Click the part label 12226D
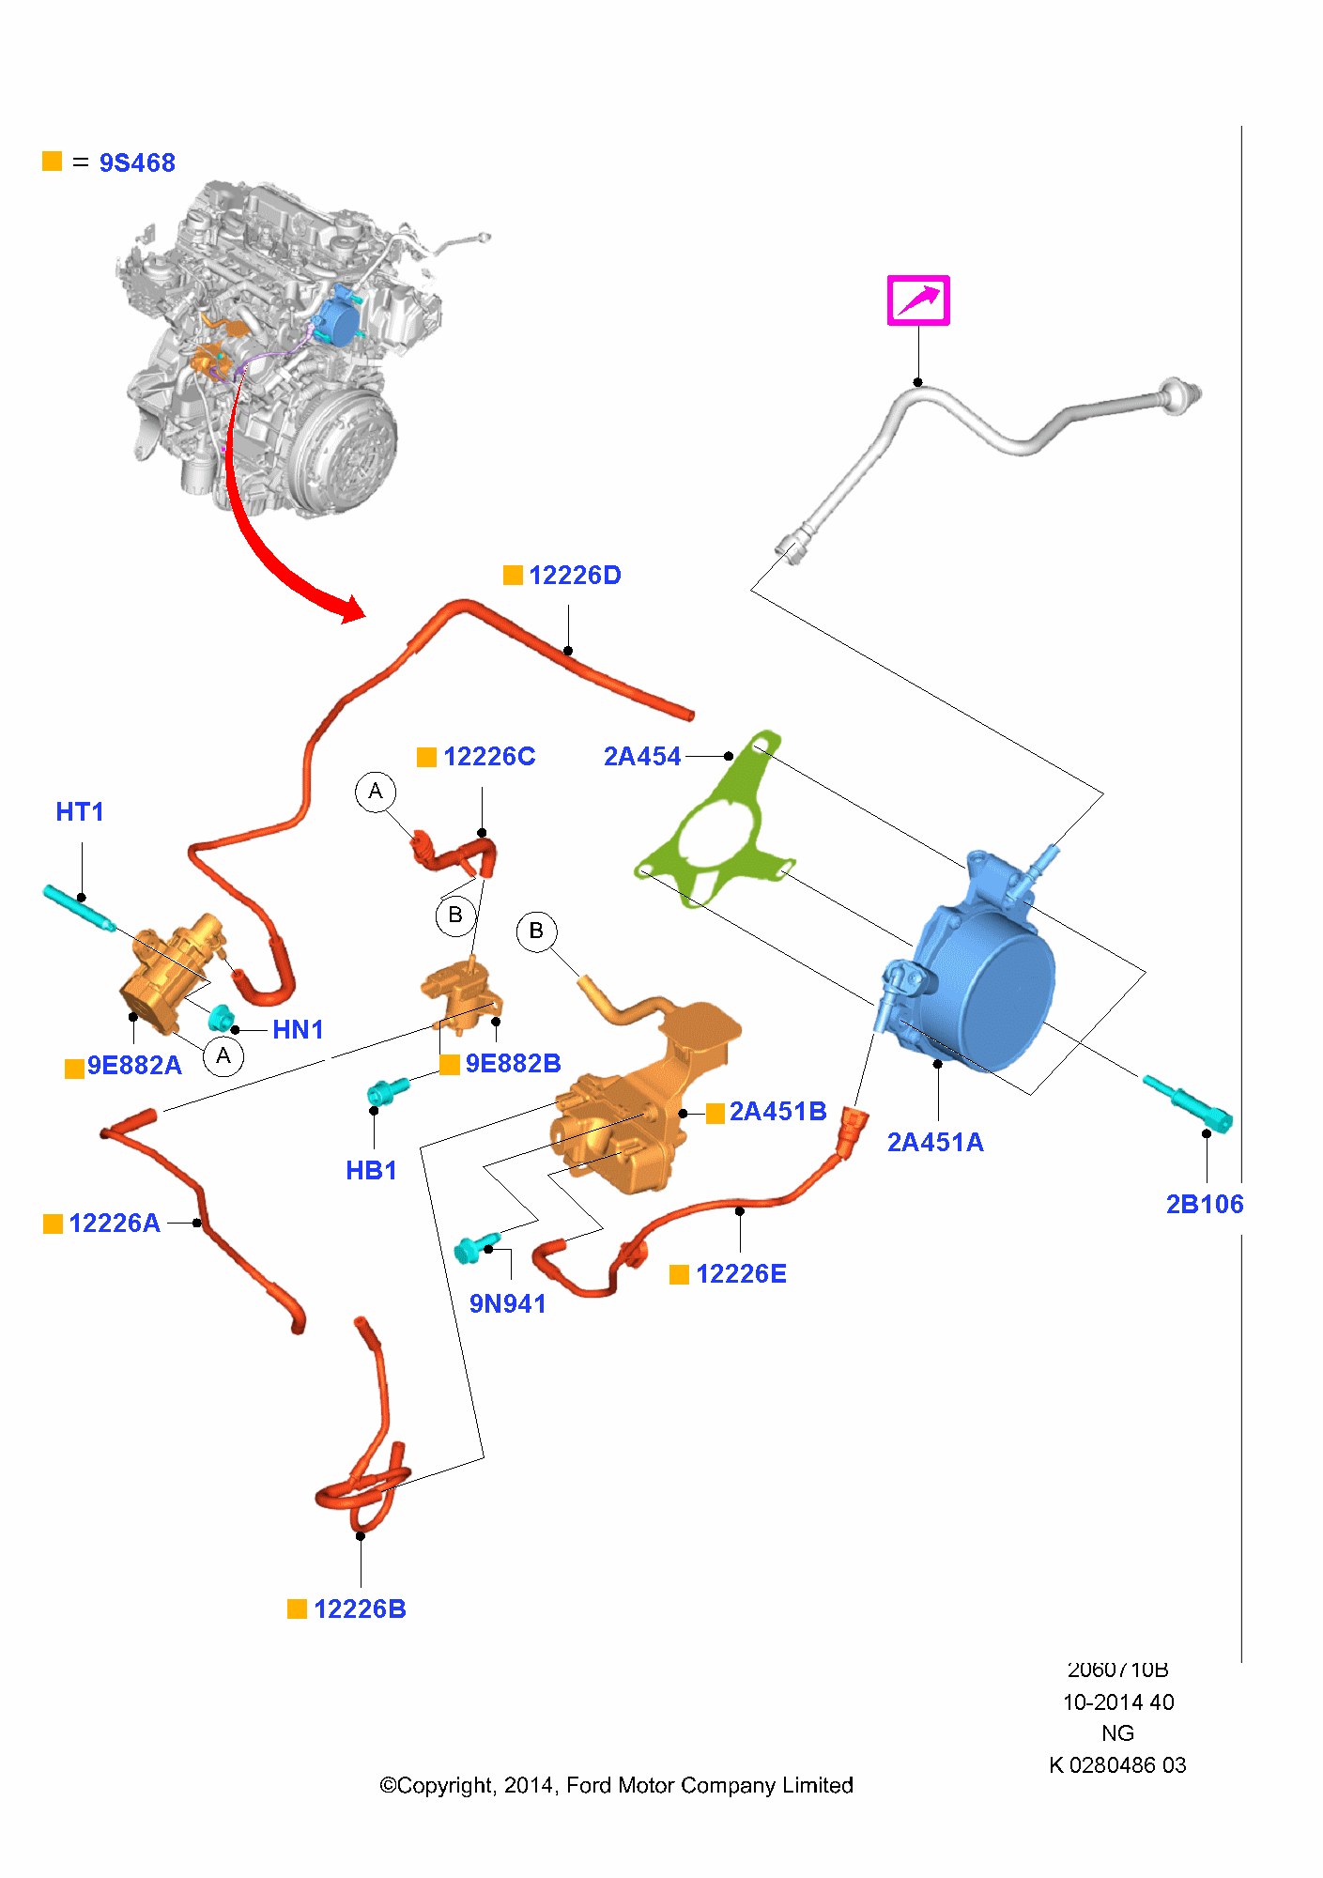click(574, 576)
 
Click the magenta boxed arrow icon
click(918, 300)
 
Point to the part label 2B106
click(1204, 1205)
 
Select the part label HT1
click(80, 812)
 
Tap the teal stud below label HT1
click(79, 908)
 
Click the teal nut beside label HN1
click(222, 1018)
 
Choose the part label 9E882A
click(134, 1066)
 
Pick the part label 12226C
click(488, 757)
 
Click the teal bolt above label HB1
click(387, 1090)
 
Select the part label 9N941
click(507, 1304)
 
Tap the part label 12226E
click(741, 1274)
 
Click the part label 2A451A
click(935, 1143)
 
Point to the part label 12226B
click(360, 1609)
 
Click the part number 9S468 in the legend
click(137, 163)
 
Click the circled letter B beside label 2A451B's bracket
click(536, 931)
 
